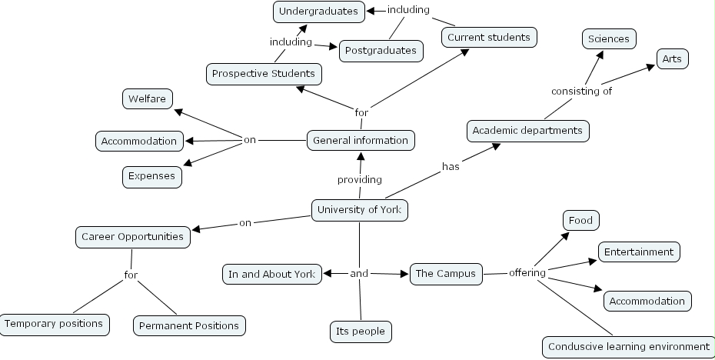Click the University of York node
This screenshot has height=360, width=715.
359,210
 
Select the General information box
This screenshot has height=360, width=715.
360,141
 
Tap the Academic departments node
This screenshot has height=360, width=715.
527,131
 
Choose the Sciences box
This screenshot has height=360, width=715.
608,38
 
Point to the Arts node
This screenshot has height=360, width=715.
673,58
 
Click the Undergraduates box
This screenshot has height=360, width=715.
318,12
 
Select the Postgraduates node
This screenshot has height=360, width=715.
381,51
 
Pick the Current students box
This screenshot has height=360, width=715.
488,37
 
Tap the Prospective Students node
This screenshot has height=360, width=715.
264,74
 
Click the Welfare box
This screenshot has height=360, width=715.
148,99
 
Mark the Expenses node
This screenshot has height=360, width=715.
151,176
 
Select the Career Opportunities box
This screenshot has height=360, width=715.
133,237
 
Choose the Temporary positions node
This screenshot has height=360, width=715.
54,324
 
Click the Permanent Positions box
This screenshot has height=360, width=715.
189,325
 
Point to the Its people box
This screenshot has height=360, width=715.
360,332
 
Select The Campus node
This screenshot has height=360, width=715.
446,274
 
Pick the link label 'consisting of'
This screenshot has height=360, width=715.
581,92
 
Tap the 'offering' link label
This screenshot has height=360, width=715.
527,273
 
